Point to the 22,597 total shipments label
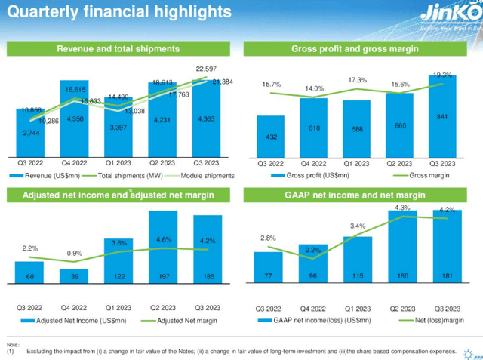205,68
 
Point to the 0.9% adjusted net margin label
75,254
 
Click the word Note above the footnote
12,344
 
